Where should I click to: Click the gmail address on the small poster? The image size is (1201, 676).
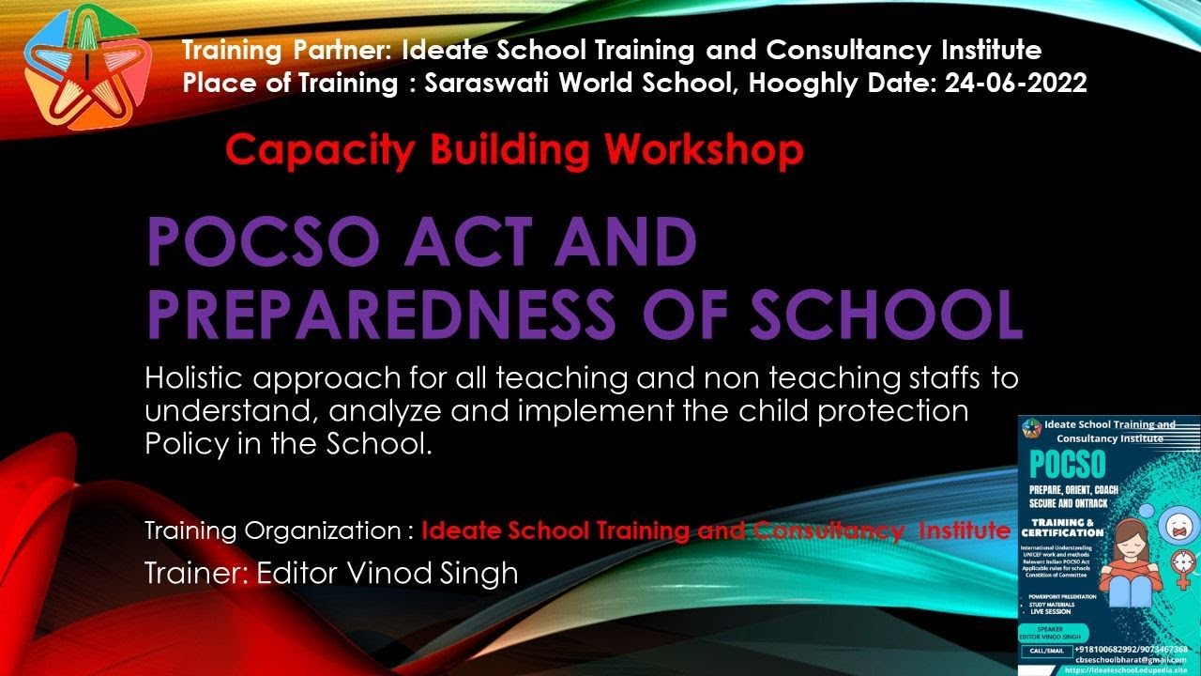1133,660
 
